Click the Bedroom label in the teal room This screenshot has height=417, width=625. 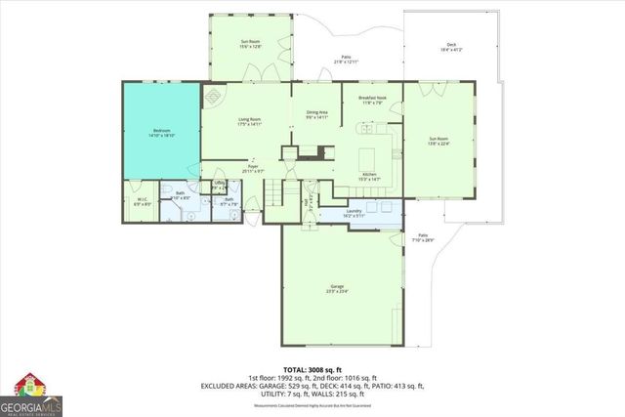point(161,134)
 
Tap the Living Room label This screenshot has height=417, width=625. point(249,122)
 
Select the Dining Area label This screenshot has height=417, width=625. point(316,115)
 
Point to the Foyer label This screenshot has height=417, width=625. point(252,169)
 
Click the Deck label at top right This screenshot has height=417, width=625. point(451,46)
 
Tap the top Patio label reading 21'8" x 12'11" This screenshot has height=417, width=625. point(347,60)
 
